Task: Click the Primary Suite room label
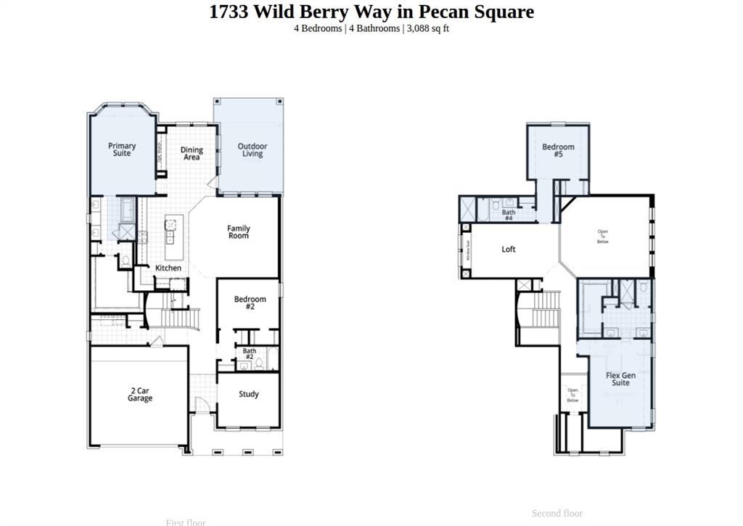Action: [x=122, y=149]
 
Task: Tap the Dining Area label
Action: [x=192, y=153]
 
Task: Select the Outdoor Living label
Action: [x=252, y=149]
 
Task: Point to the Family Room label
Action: [x=238, y=231]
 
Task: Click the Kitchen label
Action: [x=168, y=268]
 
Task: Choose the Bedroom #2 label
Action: [x=250, y=303]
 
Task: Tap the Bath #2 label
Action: [x=249, y=354]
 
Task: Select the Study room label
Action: [x=249, y=394]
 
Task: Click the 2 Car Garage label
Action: [x=140, y=394]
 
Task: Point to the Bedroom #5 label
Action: [x=558, y=150]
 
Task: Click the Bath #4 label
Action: [x=509, y=215]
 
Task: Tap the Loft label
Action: [x=509, y=249]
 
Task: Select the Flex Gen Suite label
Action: [x=620, y=379]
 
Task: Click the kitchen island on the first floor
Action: [x=173, y=239]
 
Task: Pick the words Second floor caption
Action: [x=557, y=513]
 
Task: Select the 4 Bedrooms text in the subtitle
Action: [x=317, y=28]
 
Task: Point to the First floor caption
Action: [x=186, y=522]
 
